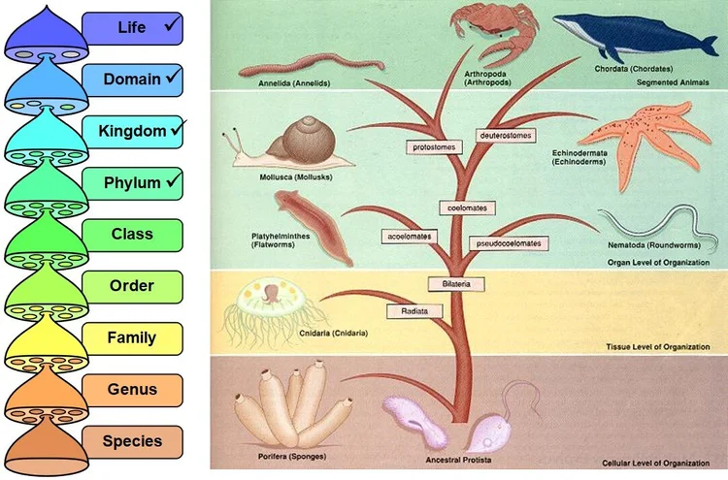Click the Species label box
(x=133, y=442)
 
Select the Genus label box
(x=133, y=390)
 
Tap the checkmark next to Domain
(x=173, y=76)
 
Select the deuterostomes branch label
(x=506, y=136)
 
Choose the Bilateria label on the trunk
(x=448, y=283)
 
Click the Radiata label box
(x=409, y=311)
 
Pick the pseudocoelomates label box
(x=506, y=242)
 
